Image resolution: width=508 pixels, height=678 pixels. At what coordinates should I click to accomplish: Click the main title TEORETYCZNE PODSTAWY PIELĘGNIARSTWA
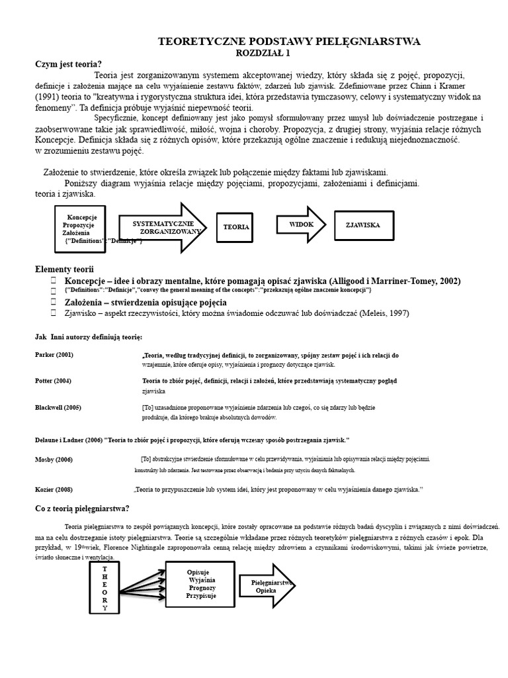point(289,42)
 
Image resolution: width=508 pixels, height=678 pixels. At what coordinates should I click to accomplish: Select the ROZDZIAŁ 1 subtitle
point(263,52)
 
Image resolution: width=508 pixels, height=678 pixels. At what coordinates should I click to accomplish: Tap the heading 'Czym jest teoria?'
point(68,64)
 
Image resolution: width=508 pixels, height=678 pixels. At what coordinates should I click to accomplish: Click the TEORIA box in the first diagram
point(236,226)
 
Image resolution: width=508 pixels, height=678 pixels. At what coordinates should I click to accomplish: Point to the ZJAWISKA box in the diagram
point(362,225)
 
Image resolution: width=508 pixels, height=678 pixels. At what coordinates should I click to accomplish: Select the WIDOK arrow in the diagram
point(301,225)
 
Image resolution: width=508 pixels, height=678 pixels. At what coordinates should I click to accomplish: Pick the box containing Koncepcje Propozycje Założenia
point(81,228)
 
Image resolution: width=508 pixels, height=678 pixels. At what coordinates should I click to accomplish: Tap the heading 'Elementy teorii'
point(64,269)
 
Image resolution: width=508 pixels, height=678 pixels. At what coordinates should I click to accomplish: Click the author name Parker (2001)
point(54,355)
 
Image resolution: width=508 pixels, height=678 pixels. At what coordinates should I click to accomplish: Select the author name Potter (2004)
point(53,381)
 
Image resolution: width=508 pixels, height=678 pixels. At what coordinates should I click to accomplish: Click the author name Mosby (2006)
point(54,459)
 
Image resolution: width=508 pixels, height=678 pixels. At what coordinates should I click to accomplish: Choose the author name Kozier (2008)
point(54,489)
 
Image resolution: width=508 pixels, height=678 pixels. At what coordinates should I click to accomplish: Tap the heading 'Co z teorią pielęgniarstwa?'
point(82,508)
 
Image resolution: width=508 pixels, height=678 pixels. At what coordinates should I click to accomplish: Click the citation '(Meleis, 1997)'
point(385,313)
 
